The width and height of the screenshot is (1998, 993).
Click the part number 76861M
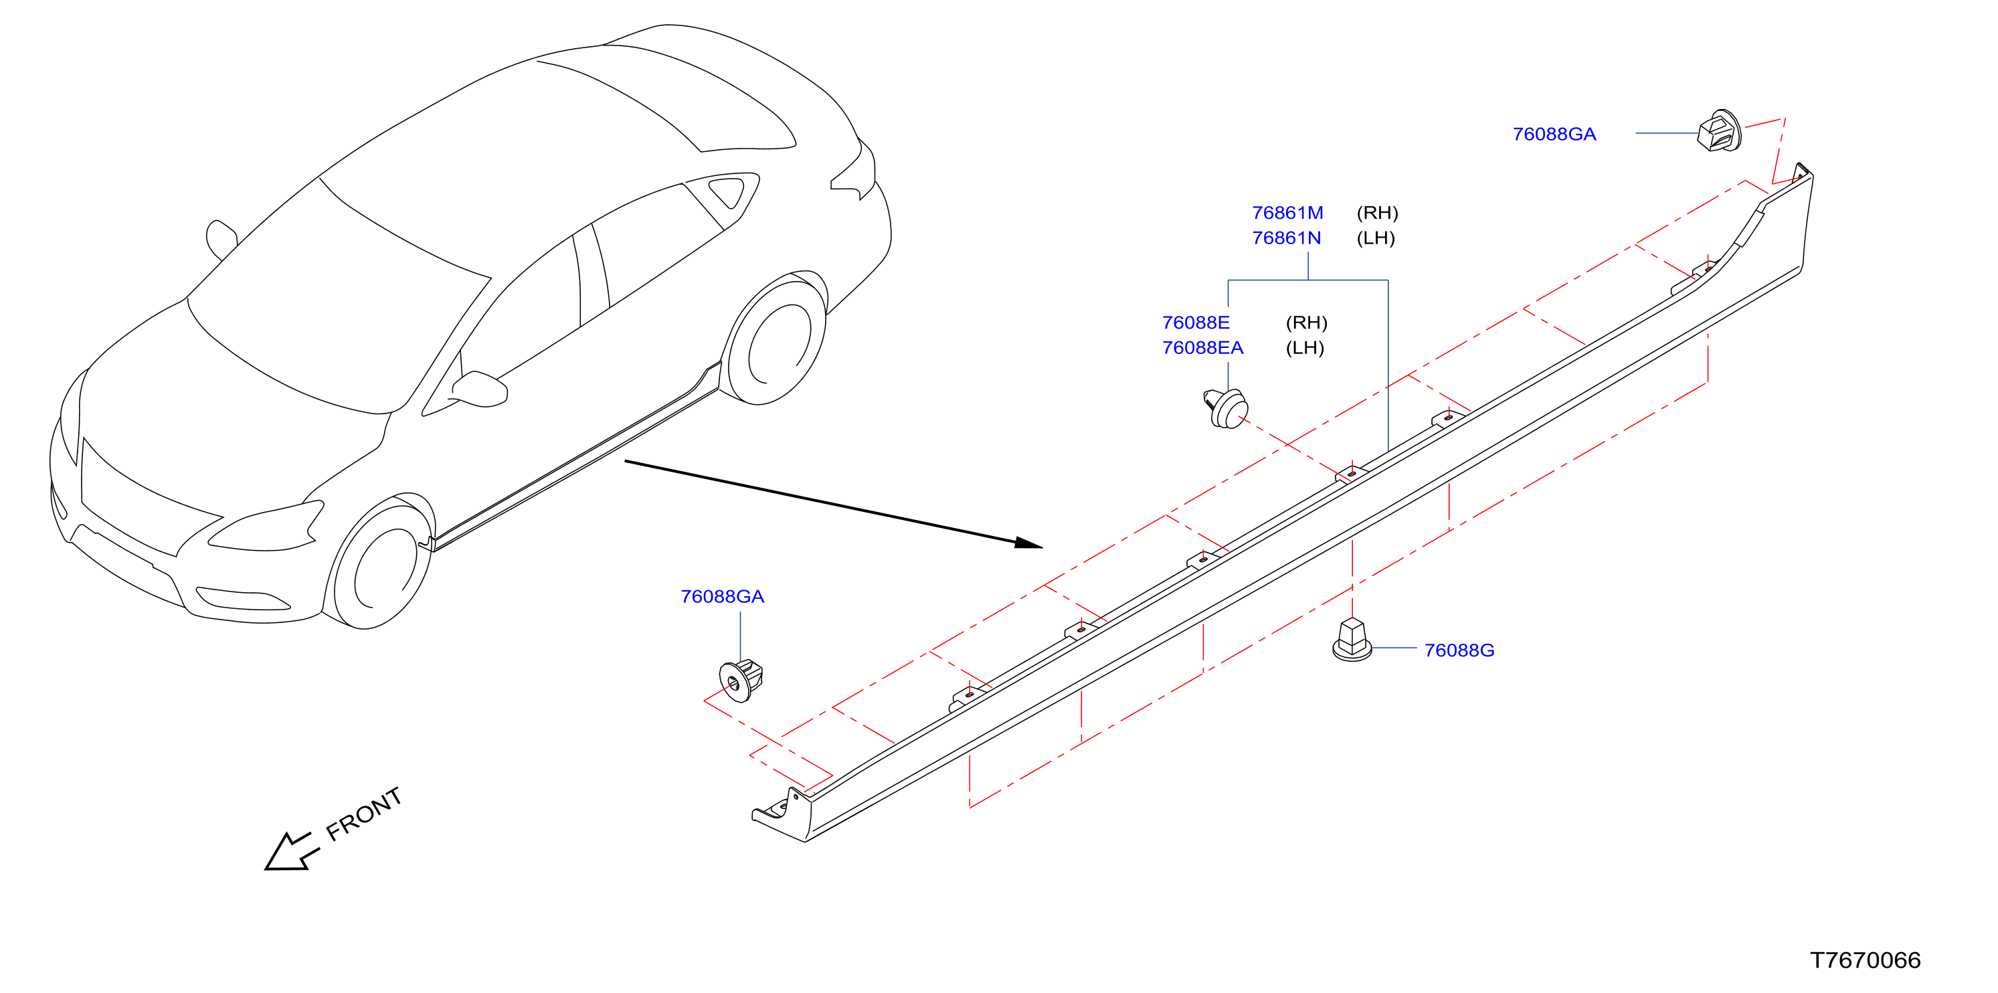[x=1287, y=213]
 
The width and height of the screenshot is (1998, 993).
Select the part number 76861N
[x=1287, y=238]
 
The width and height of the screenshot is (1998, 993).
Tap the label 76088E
[x=1196, y=322]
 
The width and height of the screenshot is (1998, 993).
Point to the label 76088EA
[x=1203, y=347]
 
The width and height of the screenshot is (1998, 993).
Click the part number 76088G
[x=1459, y=650]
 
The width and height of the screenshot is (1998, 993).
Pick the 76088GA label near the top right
[x=1554, y=134]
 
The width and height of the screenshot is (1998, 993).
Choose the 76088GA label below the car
[x=722, y=597]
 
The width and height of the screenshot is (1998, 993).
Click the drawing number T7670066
[x=1866, y=960]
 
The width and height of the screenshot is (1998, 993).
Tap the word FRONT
[x=364, y=814]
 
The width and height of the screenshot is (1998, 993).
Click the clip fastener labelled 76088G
[x=1352, y=640]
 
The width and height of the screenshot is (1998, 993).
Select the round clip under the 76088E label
[x=1227, y=408]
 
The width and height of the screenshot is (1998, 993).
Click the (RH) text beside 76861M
[x=1378, y=213]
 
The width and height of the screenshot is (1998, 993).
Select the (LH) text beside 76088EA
[x=1305, y=347]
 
